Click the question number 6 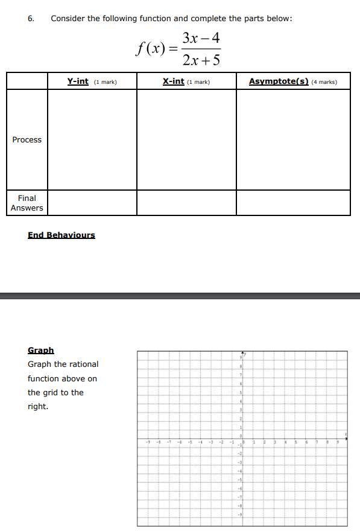click(31, 18)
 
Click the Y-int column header click(78, 81)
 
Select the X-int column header click(174, 81)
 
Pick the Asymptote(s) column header click(279, 81)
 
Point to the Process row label click(27, 139)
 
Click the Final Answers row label click(27, 203)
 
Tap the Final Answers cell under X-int click(186, 203)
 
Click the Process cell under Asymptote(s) click(293, 139)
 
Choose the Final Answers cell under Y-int click(92, 203)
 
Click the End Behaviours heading click(62, 235)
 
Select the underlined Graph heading click(41, 350)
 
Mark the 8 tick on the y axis click(240, 366)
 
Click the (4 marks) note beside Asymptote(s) click(324, 81)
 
